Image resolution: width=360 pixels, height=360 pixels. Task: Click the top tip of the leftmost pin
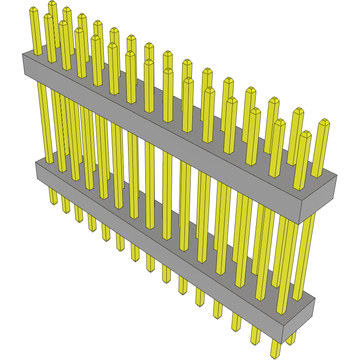pos(33,10)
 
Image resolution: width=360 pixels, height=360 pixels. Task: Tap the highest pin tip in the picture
pos(52,4)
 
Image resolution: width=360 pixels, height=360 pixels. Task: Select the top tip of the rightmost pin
pos(324,121)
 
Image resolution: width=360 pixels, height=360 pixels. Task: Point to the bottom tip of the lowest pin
pos(275,355)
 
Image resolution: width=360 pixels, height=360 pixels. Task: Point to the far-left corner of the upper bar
pos(23,54)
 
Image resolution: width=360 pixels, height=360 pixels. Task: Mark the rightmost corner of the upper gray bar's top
pos(337,175)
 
